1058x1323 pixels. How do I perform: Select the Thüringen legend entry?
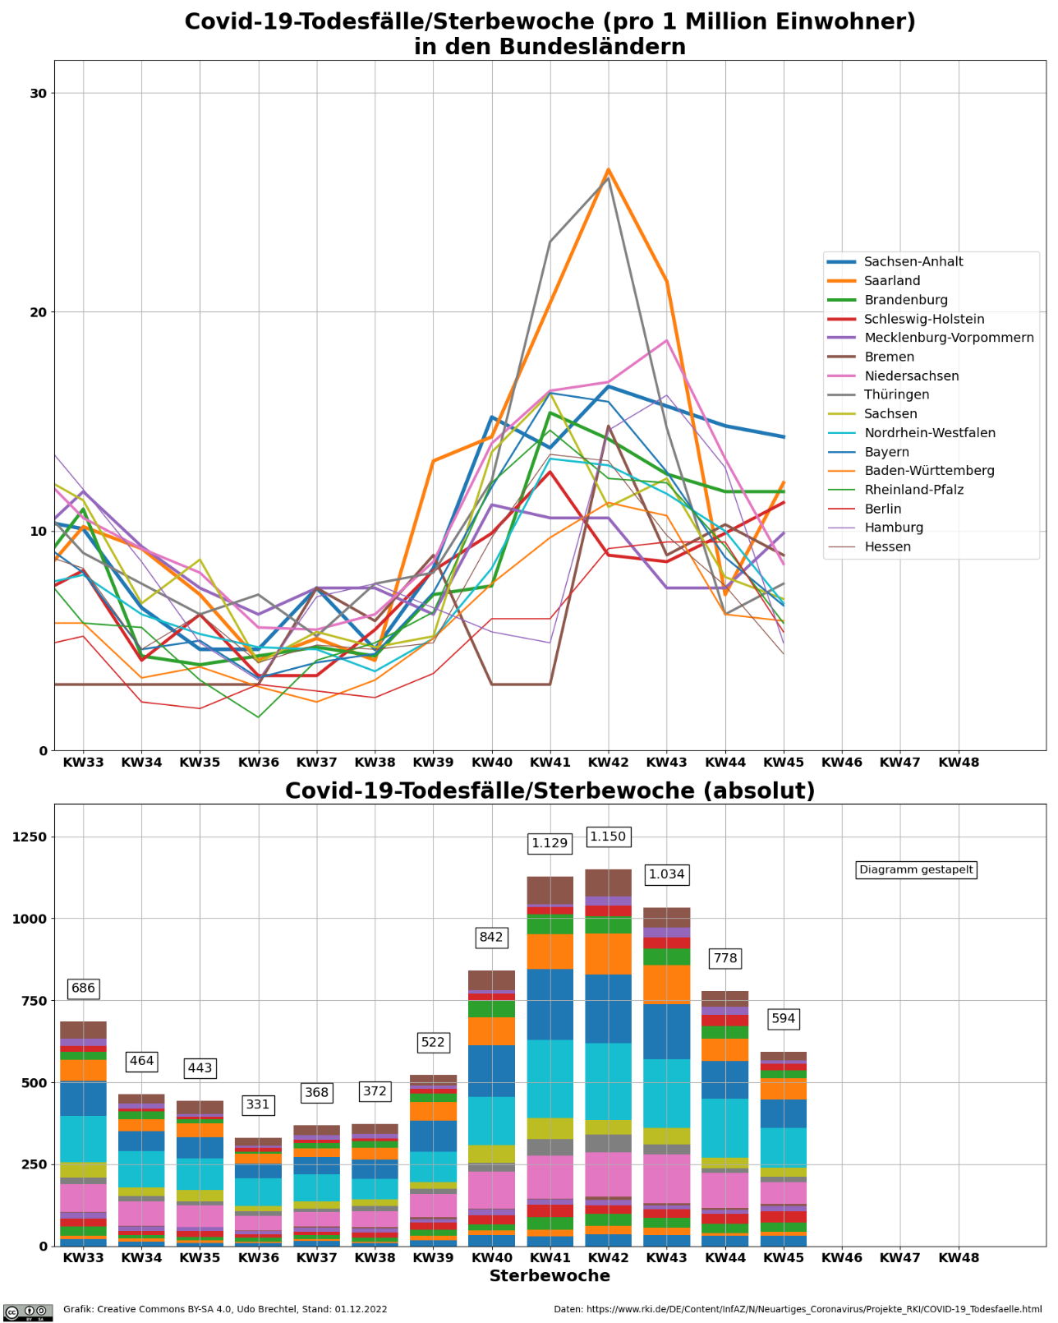896,394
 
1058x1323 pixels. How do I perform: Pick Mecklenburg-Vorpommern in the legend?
948,338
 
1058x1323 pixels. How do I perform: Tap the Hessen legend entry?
887,546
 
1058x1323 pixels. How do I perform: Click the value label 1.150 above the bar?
608,837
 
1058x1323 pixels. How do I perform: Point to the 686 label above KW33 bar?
83,988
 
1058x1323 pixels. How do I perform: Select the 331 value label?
258,1104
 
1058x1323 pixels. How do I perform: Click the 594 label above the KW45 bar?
783,1018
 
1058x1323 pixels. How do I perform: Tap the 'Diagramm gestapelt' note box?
916,869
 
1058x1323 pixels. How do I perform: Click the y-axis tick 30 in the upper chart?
38,94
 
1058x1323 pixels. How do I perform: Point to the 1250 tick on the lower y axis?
30,837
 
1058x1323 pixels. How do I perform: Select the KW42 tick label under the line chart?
608,763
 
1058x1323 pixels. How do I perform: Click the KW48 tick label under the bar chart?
959,1257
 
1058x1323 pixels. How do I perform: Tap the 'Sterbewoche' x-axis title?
550,1276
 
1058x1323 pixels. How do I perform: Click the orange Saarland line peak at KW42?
608,170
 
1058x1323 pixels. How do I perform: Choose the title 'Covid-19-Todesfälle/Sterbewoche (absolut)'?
550,791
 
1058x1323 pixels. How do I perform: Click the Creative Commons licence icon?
28,1311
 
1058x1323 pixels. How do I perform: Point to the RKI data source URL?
797,1309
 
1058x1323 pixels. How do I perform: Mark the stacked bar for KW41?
550,1060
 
